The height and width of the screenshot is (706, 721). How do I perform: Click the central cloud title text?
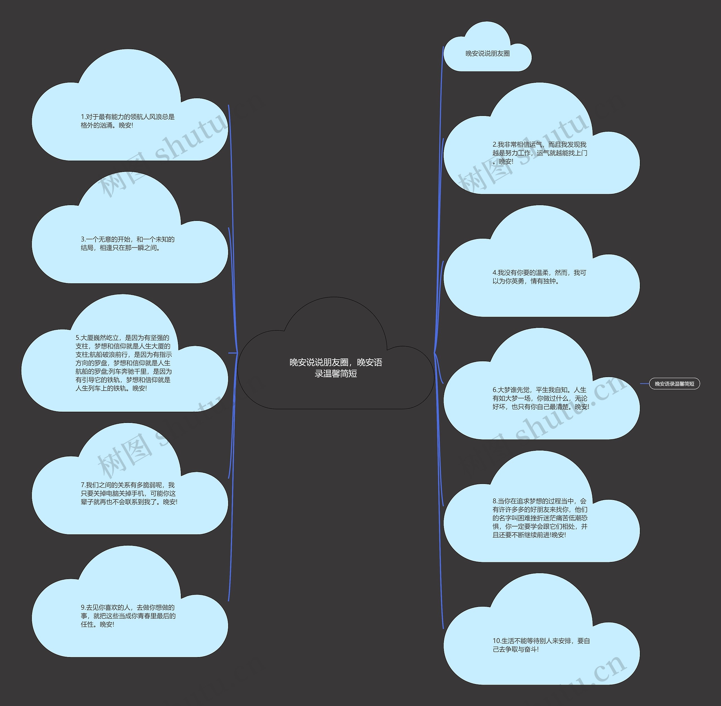(x=335, y=367)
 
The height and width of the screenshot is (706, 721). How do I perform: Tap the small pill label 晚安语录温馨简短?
(x=674, y=384)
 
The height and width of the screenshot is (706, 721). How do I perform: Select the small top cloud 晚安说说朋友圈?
(x=487, y=53)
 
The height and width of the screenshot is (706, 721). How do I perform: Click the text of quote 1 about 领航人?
(x=127, y=121)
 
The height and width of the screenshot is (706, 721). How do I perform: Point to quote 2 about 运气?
(x=540, y=153)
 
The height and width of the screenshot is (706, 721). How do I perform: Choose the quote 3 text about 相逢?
(x=127, y=244)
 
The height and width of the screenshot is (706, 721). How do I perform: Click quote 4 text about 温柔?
(x=539, y=277)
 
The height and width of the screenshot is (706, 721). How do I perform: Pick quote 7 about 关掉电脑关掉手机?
(x=129, y=493)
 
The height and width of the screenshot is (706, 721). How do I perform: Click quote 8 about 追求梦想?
(x=540, y=518)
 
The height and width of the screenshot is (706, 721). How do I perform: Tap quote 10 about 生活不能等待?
(x=541, y=645)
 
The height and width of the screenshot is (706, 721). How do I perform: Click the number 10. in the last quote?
(x=497, y=641)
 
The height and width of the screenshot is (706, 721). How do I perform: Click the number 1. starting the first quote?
(x=83, y=117)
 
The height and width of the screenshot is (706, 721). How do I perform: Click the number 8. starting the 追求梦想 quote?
(x=495, y=501)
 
